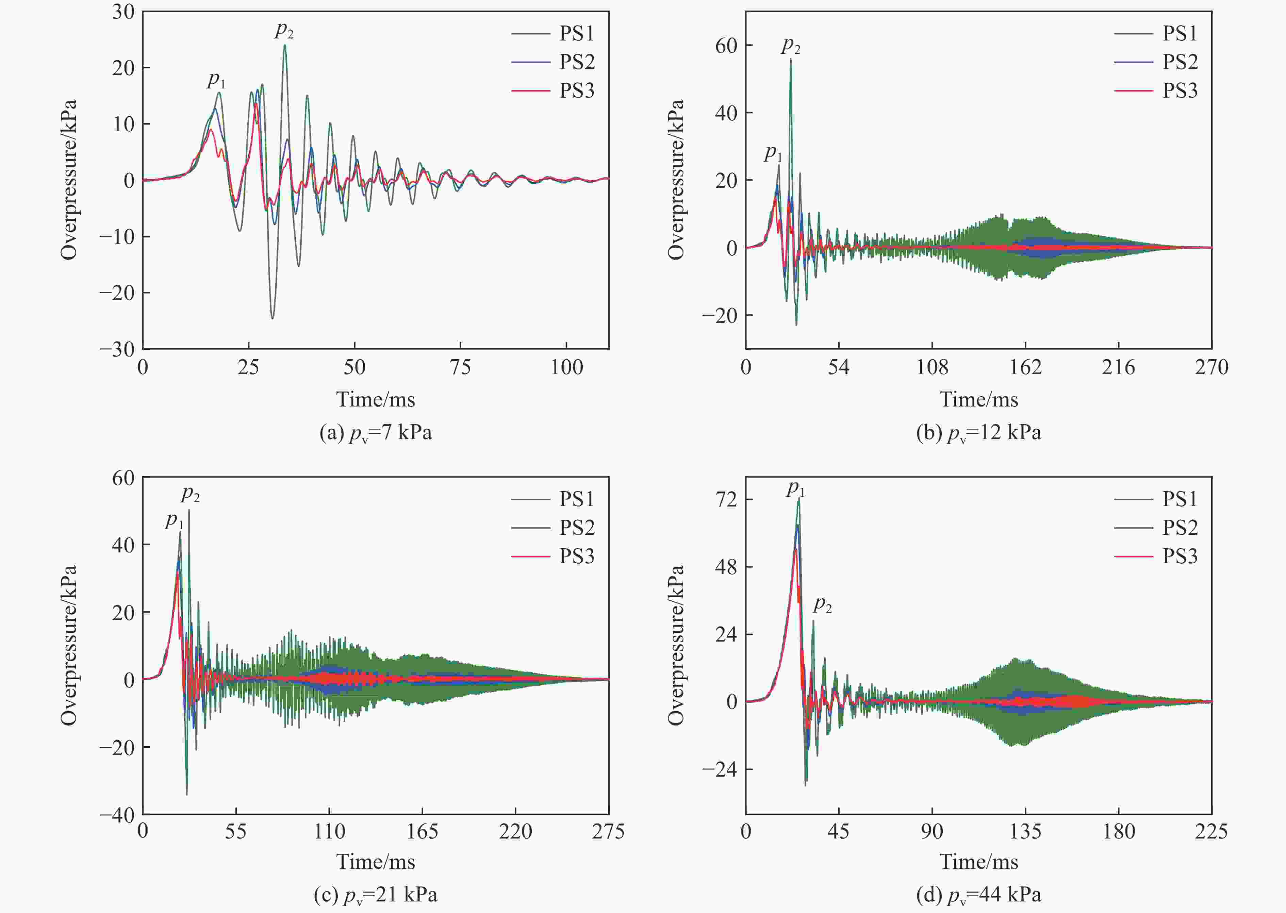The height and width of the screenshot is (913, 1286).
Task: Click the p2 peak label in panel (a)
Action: (284, 30)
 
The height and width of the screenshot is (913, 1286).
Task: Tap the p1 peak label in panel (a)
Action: (216, 80)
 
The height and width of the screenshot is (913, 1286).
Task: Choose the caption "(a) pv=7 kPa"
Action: (376, 433)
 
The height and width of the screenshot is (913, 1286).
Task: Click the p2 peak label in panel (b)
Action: (791, 45)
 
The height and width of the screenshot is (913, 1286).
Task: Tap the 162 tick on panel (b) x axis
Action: (1025, 367)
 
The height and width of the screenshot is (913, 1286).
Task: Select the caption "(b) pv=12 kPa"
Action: (978, 433)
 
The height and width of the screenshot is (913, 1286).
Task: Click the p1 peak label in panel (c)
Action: (174, 520)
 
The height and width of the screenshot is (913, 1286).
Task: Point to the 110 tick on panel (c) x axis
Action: (329, 831)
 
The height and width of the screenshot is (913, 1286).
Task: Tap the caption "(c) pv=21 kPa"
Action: (376, 894)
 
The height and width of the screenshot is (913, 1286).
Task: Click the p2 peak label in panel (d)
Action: (822, 605)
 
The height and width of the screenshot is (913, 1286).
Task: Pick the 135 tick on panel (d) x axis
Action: (1025, 831)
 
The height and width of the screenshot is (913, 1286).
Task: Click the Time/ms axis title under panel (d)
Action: (978, 861)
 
